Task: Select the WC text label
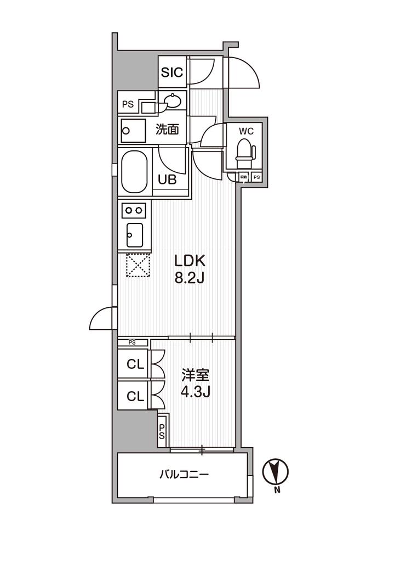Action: click(245, 132)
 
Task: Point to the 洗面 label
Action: click(168, 130)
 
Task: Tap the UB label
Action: click(168, 179)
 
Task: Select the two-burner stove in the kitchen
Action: click(134, 210)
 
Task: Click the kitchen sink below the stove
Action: click(134, 235)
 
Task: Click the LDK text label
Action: click(189, 260)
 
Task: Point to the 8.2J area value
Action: click(189, 278)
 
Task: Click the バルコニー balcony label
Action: click(184, 474)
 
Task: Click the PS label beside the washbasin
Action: click(128, 104)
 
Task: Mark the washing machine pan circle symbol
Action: click(127, 131)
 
